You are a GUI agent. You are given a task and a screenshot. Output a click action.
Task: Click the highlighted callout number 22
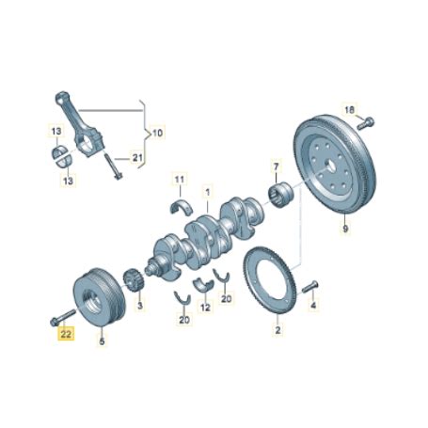coord(66,334)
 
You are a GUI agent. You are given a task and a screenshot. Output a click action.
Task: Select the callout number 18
coord(349,110)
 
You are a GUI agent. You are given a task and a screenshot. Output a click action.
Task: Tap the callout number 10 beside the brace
coord(157,133)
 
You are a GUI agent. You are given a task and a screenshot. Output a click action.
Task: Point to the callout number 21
coord(137,158)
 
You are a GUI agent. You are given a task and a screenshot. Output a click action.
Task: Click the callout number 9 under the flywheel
coord(345,229)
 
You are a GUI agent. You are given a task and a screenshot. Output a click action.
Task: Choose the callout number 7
coord(276,166)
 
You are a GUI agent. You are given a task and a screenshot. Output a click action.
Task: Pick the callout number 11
coord(180,180)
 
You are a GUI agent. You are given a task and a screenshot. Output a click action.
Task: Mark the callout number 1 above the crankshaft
coord(208,192)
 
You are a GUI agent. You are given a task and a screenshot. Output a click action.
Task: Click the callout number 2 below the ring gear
coord(277,330)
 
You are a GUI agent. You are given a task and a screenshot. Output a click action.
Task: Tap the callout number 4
coord(313,305)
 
